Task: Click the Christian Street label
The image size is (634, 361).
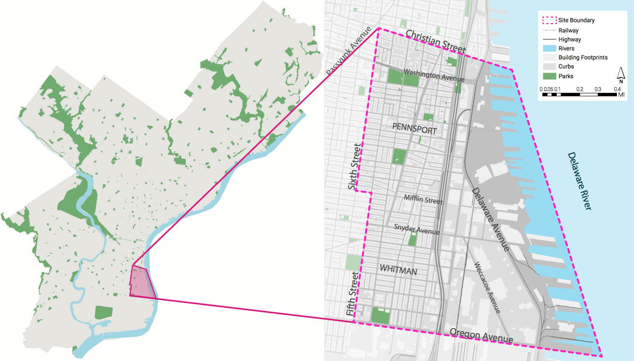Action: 435,41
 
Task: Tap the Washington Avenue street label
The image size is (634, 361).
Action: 434,75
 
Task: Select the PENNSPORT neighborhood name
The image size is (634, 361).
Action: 414,128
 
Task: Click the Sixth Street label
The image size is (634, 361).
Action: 355,167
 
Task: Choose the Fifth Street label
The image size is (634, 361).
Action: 352,294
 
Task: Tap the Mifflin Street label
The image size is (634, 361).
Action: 423,199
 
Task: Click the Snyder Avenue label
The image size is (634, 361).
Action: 417,229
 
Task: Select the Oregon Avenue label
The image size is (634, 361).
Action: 481,336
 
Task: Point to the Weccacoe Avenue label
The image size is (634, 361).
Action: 487,288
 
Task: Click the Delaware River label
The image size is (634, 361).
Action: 579,181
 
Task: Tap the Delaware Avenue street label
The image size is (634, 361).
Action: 490,219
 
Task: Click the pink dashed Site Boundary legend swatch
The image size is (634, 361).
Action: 549,20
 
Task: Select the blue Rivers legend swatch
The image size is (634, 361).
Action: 549,48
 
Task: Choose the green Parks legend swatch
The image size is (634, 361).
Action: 549,76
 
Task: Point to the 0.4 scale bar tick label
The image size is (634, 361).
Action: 617,89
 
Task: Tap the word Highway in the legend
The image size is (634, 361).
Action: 569,39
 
